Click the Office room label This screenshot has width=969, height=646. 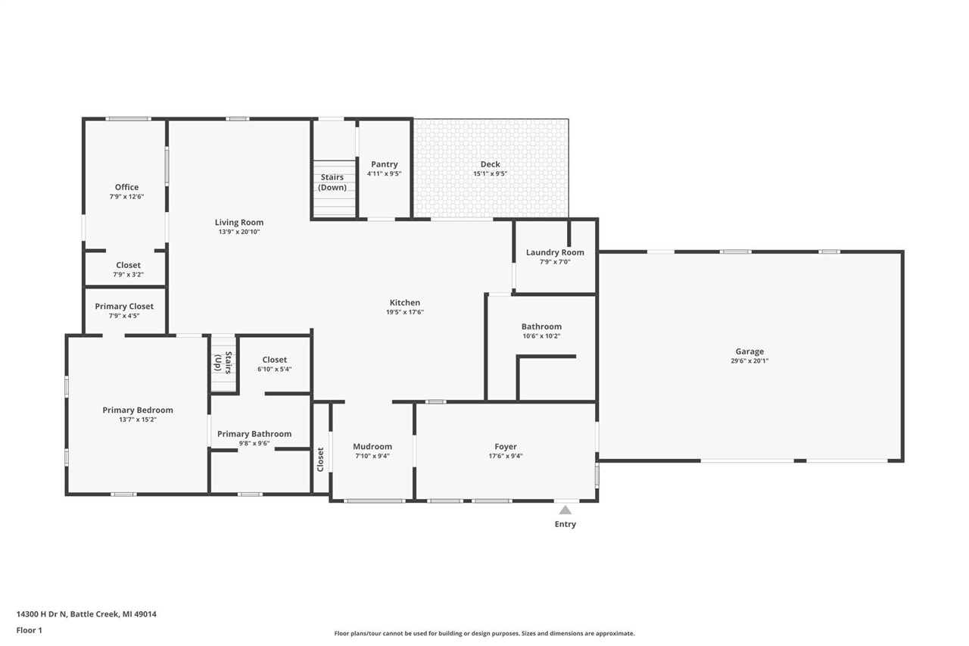[x=126, y=187]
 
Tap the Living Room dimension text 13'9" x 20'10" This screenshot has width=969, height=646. [x=238, y=232]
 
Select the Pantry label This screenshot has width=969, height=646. [x=384, y=164]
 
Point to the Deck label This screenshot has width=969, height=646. [x=490, y=164]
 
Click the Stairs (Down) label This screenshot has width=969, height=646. [x=332, y=183]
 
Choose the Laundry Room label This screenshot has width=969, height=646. [x=555, y=252]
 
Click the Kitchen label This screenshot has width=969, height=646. [x=404, y=303]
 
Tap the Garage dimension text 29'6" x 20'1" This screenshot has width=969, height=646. [x=749, y=361]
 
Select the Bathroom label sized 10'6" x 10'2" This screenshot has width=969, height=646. [x=541, y=326]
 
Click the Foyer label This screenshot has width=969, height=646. [x=505, y=447]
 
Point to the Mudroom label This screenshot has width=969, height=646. [x=372, y=447]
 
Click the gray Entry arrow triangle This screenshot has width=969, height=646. [x=565, y=510]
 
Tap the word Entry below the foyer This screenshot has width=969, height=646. [x=565, y=524]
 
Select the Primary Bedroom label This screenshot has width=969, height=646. [x=138, y=410]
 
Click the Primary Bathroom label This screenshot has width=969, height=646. [x=254, y=434]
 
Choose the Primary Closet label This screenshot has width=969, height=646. [x=124, y=306]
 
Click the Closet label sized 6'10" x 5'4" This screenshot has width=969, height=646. [x=274, y=360]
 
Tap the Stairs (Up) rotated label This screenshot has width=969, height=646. [x=223, y=363]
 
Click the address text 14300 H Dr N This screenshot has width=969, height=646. [x=42, y=614]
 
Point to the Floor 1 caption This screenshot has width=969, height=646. [x=29, y=630]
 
